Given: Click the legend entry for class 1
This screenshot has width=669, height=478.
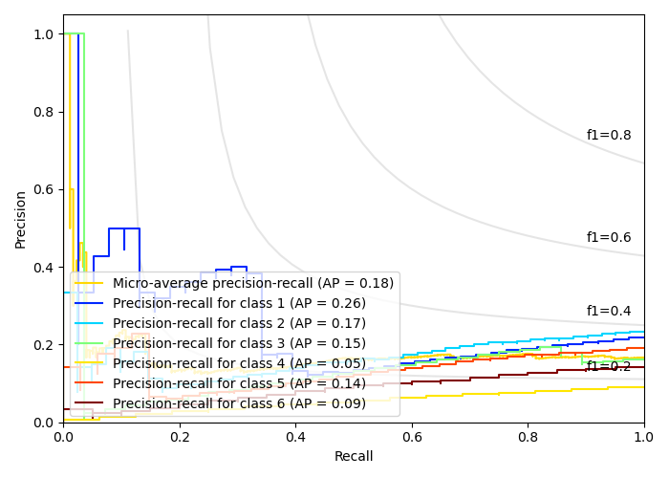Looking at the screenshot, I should pyautogui.click(x=239, y=303).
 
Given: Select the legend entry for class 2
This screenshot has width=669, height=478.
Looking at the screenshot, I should pyautogui.click(x=239, y=323).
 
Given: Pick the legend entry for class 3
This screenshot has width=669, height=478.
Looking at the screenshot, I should pyautogui.click(x=239, y=343).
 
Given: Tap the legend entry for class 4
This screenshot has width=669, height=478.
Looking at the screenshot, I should pyautogui.click(x=239, y=363).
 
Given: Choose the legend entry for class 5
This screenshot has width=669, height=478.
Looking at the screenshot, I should pyautogui.click(x=239, y=383).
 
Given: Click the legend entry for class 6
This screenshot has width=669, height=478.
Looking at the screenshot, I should pyautogui.click(x=239, y=403).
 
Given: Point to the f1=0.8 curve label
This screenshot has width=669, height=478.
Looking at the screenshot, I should pyautogui.click(x=609, y=136).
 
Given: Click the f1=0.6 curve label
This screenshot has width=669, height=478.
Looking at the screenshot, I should pyautogui.click(x=609, y=238).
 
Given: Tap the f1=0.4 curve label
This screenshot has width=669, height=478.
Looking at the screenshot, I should pyautogui.click(x=609, y=311).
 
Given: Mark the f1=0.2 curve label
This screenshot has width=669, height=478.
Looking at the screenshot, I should pyautogui.click(x=609, y=366).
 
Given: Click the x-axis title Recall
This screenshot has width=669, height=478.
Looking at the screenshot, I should pyautogui.click(x=354, y=457).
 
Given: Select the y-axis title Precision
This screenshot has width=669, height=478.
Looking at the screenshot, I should pyautogui.click(x=21, y=218).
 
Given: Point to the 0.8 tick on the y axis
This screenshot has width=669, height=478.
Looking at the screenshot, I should pyautogui.click(x=45, y=112).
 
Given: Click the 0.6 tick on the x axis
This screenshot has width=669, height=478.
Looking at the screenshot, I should pyautogui.click(x=412, y=437).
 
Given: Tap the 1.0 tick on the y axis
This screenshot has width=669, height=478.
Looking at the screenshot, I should pyautogui.click(x=45, y=34).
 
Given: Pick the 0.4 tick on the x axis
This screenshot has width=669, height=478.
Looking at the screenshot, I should pyautogui.click(x=295, y=437).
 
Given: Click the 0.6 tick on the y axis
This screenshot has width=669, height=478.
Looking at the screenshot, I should pyautogui.click(x=45, y=189).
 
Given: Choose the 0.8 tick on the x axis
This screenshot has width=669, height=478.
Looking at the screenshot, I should pyautogui.click(x=528, y=437).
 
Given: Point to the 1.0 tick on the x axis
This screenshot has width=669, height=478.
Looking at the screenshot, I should pyautogui.click(x=644, y=437).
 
